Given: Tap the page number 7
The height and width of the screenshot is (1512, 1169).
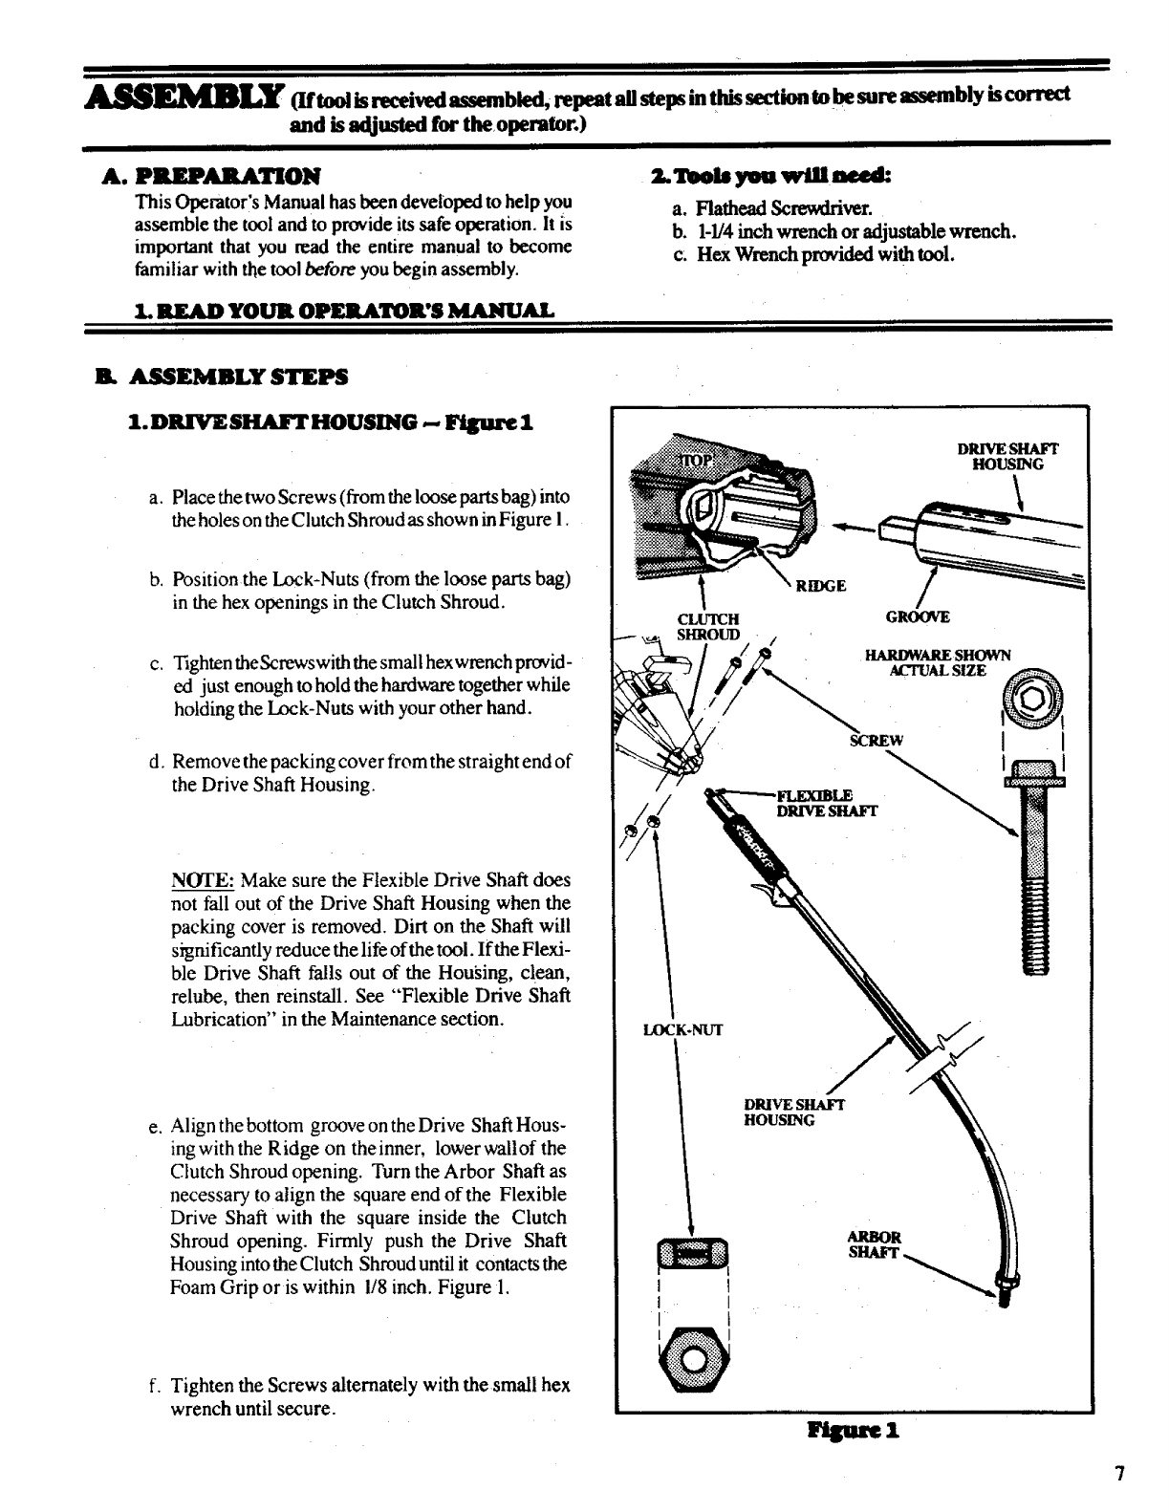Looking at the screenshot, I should [1117, 1473].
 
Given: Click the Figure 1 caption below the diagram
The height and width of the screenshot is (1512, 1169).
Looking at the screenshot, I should [854, 1431].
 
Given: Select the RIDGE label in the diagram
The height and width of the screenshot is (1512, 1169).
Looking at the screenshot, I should [821, 586].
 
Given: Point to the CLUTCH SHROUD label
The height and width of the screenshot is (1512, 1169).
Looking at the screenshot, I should [708, 626].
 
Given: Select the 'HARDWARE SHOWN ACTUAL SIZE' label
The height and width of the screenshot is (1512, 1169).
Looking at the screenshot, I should [937, 662].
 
